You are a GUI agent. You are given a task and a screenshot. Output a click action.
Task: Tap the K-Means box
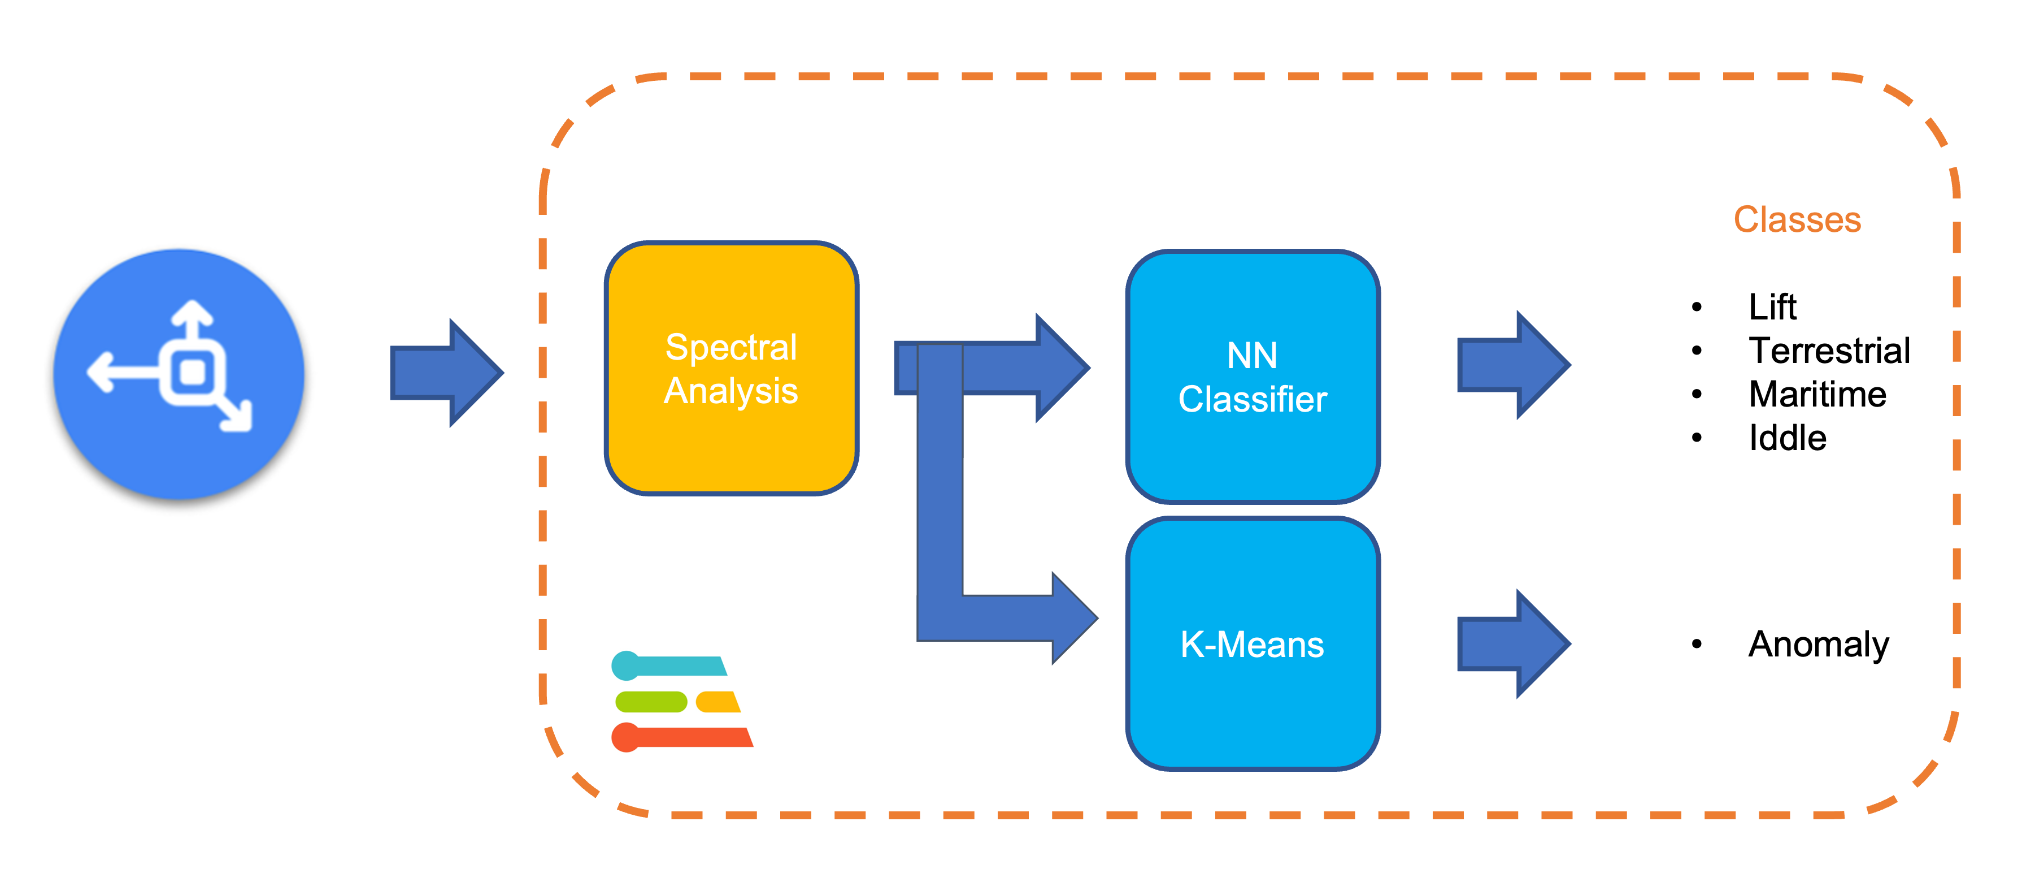1252,643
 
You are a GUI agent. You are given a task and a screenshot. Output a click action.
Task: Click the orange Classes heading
1797,220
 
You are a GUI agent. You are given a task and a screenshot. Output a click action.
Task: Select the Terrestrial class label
1829,350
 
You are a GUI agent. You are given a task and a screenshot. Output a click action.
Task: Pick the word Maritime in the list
1817,394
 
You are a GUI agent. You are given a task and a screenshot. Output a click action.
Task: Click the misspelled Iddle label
1787,438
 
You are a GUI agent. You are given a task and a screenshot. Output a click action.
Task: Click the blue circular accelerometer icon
179,374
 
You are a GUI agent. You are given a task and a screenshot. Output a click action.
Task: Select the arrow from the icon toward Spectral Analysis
446,372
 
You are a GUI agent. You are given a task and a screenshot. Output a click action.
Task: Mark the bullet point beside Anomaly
1696,644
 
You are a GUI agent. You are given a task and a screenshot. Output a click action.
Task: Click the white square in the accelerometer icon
193,371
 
